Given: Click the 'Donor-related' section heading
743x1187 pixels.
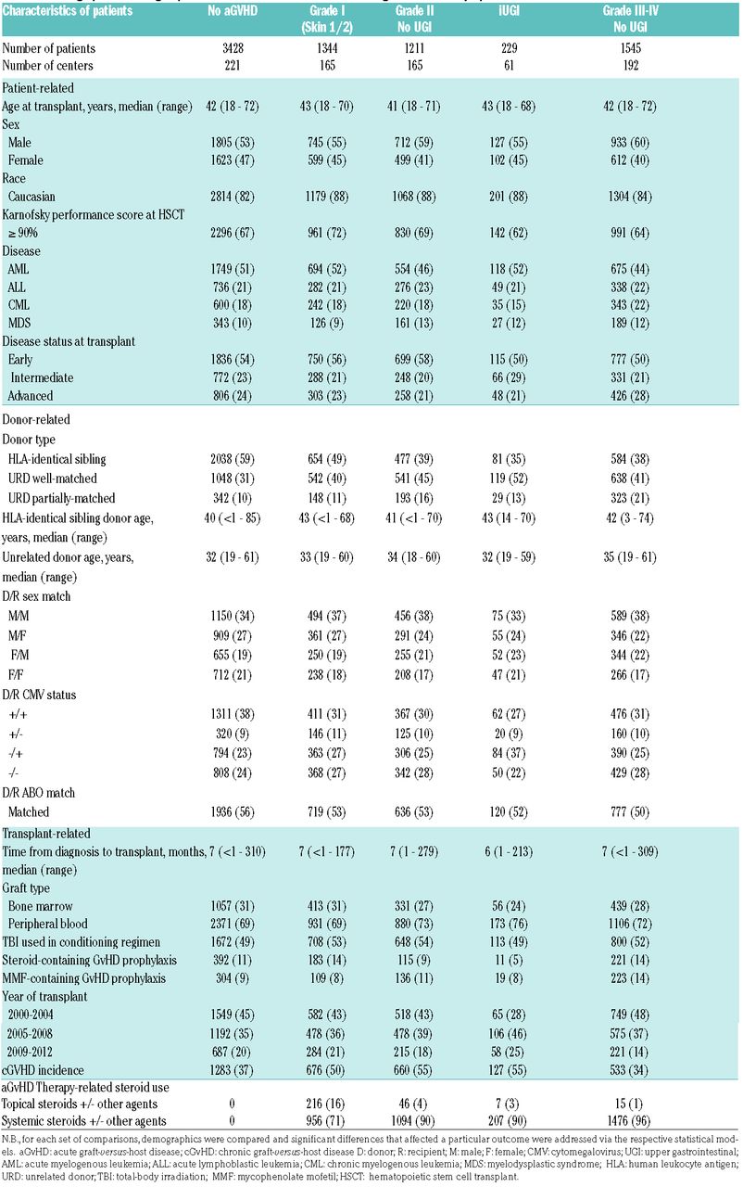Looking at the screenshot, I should coord(38,419).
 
